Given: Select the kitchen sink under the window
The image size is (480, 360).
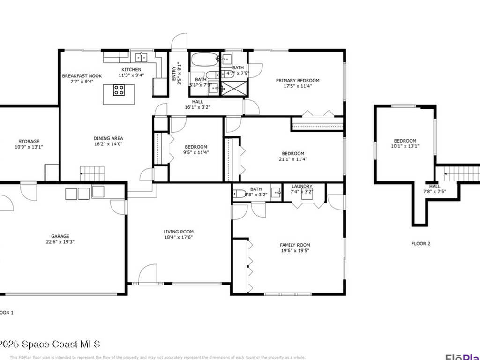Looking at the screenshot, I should coord(141,58).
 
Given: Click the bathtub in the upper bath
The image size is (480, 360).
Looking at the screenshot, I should coord(205,60).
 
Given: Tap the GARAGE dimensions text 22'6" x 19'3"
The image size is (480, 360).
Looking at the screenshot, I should coord(60,242).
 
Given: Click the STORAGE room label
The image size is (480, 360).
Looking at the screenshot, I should coord(29,141).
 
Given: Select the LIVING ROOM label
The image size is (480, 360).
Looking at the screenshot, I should coord(178,232).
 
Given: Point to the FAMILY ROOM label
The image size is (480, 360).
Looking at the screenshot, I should coord(295,245).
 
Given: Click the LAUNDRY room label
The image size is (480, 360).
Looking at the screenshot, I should coord(302,186).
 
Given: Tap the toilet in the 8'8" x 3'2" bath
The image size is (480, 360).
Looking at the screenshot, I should coord(240,193).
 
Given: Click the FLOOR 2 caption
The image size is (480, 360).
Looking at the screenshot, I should coord(420,244).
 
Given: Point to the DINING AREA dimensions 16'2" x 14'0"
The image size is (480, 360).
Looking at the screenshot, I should coord(108,144).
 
